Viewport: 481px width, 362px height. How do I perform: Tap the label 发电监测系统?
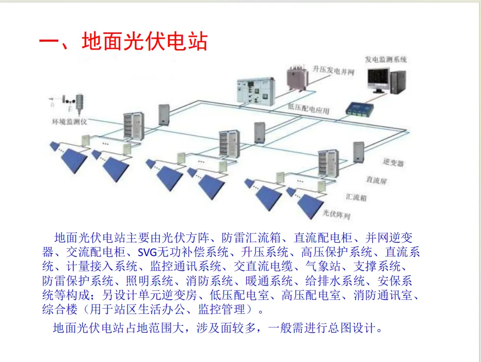(x=385, y=60)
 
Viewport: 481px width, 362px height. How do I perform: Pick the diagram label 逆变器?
(x=394, y=163)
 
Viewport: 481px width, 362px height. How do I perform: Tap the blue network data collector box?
(x=360, y=109)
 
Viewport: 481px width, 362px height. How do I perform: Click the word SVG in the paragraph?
(x=147, y=253)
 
